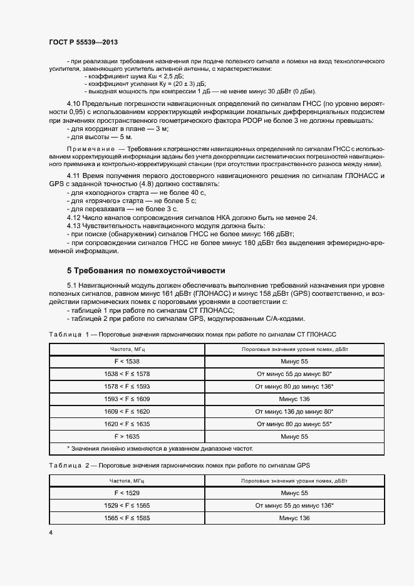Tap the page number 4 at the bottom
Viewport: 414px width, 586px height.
tap(50, 532)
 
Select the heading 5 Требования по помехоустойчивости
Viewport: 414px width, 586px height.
tap(146, 270)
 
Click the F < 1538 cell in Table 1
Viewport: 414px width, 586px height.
tap(127, 362)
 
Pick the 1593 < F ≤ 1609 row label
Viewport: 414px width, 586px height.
tap(127, 399)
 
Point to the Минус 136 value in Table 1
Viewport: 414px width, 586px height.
tap(294, 399)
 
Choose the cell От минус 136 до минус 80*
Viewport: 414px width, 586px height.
tap(294, 411)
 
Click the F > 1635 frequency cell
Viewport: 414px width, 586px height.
tap(127, 436)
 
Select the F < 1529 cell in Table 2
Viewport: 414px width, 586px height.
tap(127, 493)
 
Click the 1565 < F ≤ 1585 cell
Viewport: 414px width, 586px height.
tap(127, 518)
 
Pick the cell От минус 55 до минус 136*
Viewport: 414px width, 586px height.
tap(294, 505)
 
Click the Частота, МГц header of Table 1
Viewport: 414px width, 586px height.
tap(127, 350)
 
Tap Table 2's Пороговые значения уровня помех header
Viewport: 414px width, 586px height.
tap(294, 481)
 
